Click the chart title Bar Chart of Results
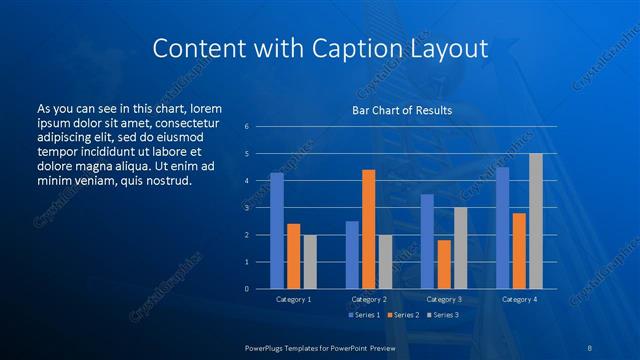coord(401,110)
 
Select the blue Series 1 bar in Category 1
coord(277,231)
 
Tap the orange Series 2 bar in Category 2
coord(368,229)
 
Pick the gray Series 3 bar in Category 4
coord(535,221)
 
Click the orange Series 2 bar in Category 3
coord(444,264)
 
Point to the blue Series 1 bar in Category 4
coord(502,228)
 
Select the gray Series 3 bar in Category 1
coord(310,262)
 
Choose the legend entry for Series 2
coord(402,315)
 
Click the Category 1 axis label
coord(293,299)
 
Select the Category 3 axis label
coord(443,299)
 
